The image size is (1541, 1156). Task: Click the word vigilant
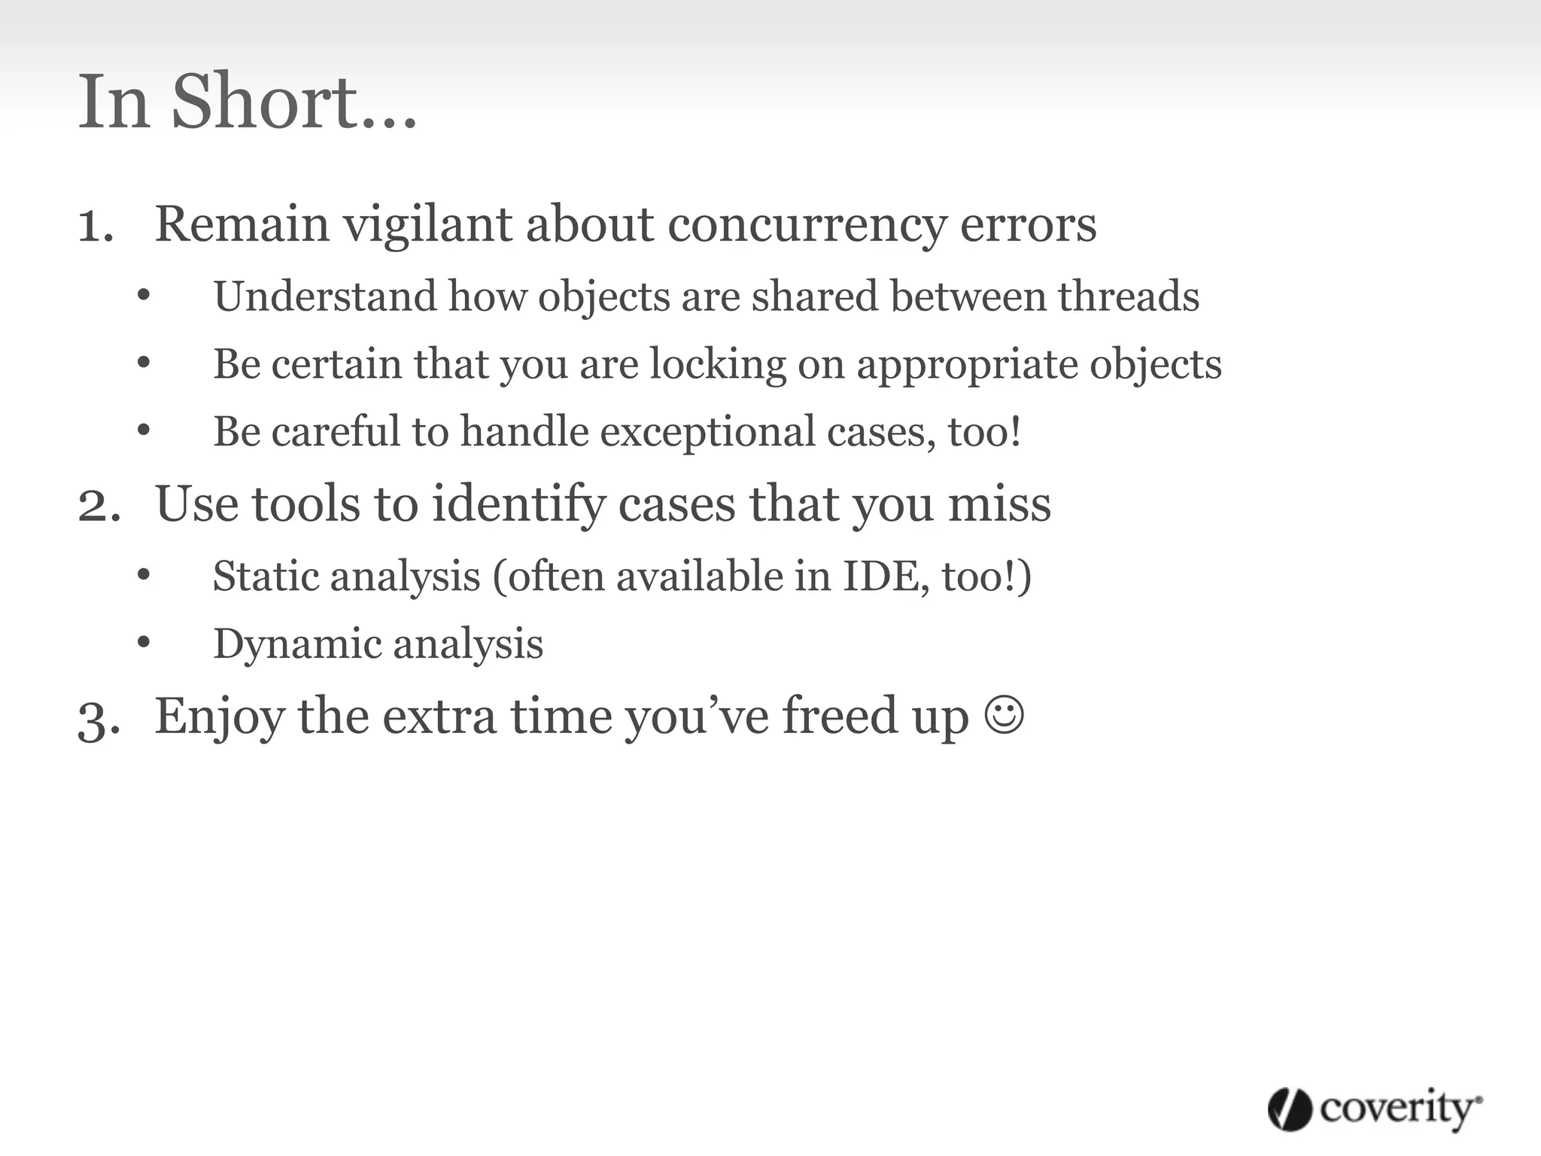[x=427, y=225]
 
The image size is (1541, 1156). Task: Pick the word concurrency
[x=806, y=225]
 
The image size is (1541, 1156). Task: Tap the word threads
[x=1128, y=296]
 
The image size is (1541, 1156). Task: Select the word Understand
[x=324, y=296]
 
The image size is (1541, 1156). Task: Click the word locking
[x=718, y=364]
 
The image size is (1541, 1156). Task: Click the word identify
[x=518, y=505]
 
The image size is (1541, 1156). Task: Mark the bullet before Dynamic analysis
[x=144, y=643]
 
